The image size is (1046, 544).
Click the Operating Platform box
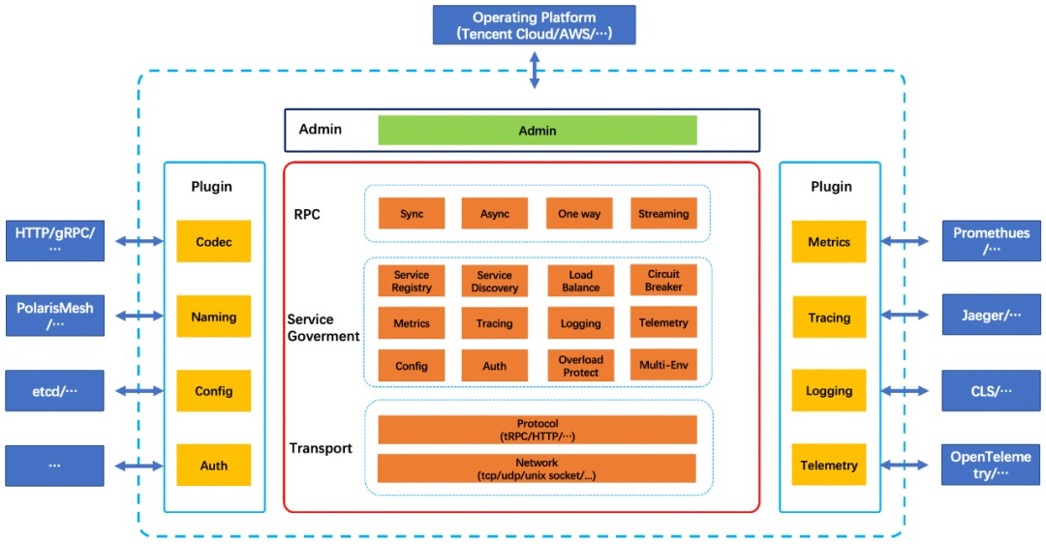tap(534, 25)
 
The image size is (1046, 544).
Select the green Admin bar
tap(537, 130)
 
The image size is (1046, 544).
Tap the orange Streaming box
tap(663, 213)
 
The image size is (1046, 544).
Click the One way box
tap(579, 213)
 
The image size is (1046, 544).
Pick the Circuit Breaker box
tap(663, 280)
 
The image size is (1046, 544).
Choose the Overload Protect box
tap(580, 365)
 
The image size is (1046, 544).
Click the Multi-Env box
tap(663, 365)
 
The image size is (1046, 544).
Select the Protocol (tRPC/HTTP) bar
tap(537, 430)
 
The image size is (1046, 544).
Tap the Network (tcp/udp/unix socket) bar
tap(537, 468)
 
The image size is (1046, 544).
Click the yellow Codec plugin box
tap(213, 241)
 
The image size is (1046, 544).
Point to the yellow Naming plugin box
tap(213, 317)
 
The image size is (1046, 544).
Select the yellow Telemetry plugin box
tap(828, 465)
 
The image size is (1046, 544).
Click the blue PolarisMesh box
tap(54, 316)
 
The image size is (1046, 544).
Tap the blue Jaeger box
tap(992, 315)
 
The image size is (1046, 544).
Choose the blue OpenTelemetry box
tap(991, 465)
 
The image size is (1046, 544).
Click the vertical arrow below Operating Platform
tap(535, 70)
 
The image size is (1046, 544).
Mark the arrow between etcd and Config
tap(139, 391)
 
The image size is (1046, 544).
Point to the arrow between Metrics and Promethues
tap(904, 241)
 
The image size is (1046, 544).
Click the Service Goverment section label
tap(323, 327)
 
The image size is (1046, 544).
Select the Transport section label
tap(321, 448)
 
